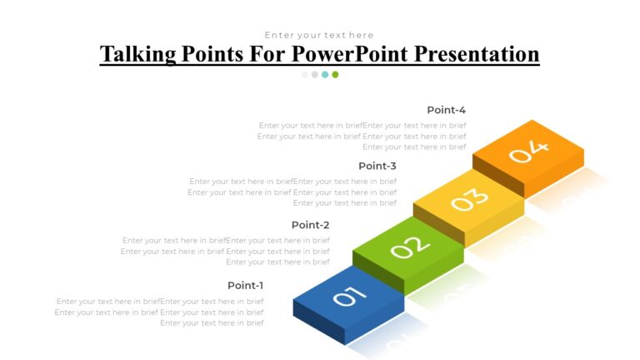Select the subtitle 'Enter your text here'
click(319, 35)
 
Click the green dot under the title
click(335, 74)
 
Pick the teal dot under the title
click(325, 74)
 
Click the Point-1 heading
click(245, 285)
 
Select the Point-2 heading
click(311, 225)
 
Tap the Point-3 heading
click(377, 166)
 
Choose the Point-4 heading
click(446, 110)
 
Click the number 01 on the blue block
click(349, 296)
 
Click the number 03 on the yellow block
click(470, 200)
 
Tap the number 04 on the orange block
click(529, 152)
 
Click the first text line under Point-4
click(362, 126)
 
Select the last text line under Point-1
click(212, 322)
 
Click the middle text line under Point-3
click(292, 192)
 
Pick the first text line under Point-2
click(226, 240)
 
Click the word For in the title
click(265, 55)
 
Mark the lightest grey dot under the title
click(305, 74)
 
